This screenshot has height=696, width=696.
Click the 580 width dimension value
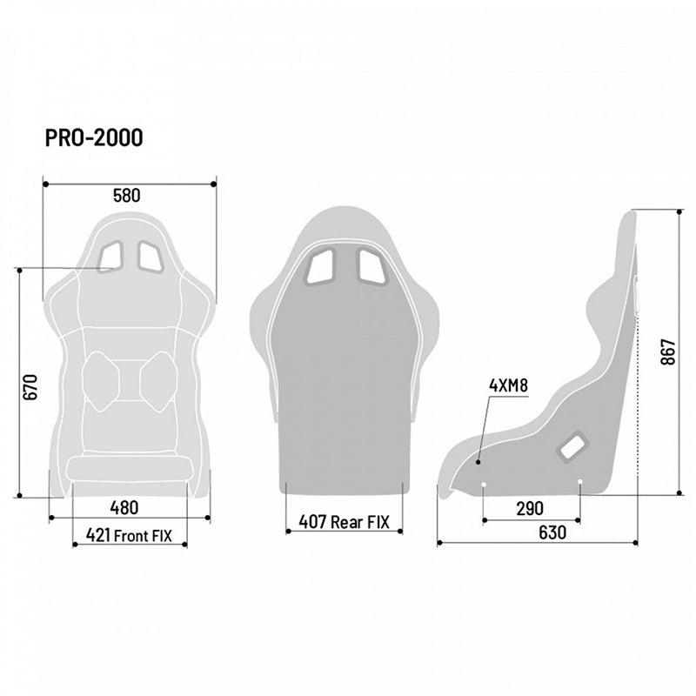click(x=126, y=196)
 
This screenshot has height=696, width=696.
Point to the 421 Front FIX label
click(x=130, y=535)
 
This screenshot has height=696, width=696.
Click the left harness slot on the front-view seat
click(x=111, y=256)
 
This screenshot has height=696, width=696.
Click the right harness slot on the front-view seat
click(x=150, y=256)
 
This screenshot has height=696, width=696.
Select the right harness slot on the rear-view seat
click(x=371, y=264)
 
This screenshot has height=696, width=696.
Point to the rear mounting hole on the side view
click(x=580, y=481)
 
